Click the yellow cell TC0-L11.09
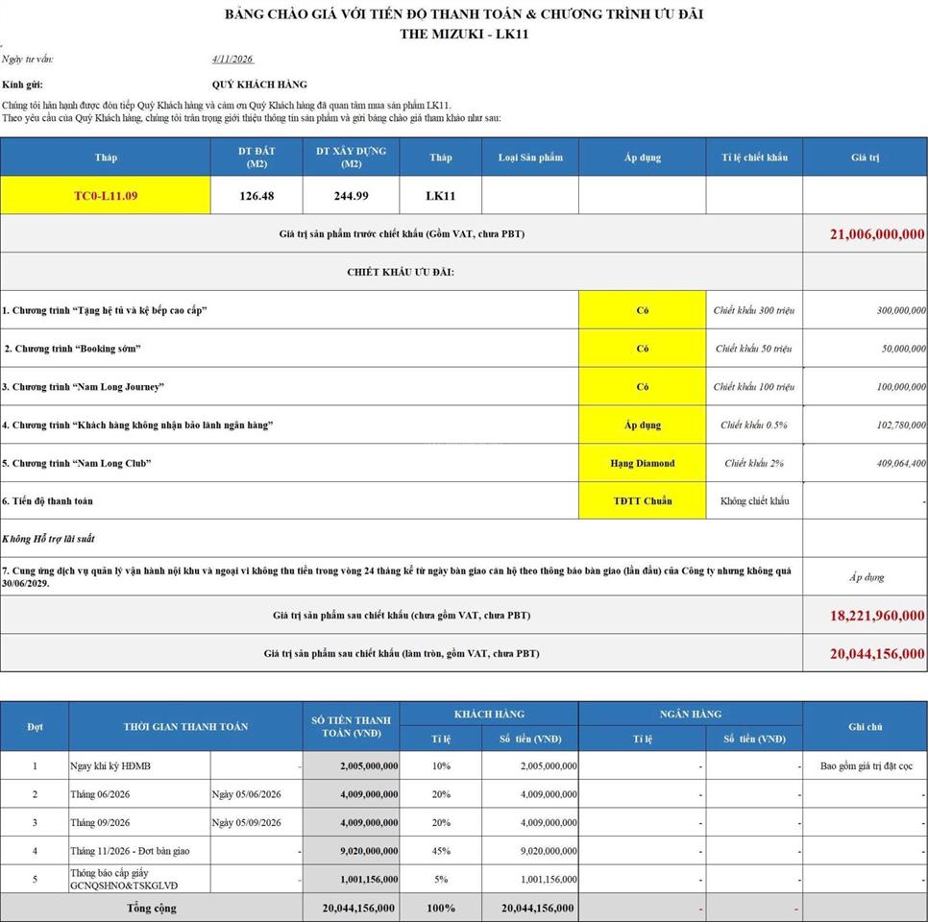106,196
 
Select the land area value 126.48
256,196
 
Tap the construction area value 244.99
351,196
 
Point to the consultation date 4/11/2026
232,60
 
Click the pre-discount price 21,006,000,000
877,234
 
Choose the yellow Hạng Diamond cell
642,463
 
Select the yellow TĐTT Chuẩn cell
642,501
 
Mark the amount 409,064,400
890,463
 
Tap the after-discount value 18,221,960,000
877,616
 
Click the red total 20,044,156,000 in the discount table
877,654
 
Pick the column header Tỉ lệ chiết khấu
754,158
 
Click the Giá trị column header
865,158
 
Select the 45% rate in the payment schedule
441,851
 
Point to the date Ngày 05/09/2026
247,822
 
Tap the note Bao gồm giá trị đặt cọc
865,766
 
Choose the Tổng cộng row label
152,908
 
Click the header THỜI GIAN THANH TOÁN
185,726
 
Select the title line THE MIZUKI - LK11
464,35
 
